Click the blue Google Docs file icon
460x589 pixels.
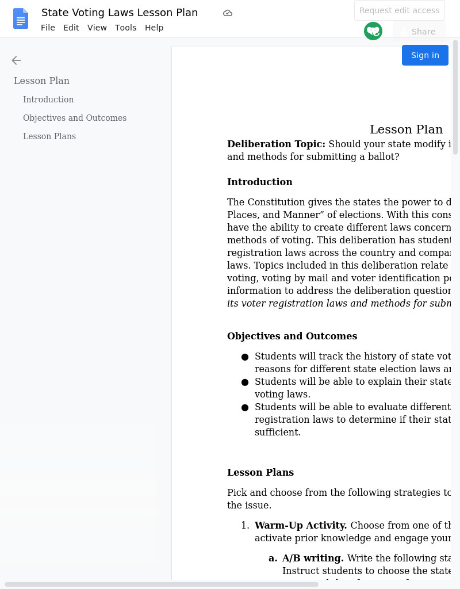(x=21, y=19)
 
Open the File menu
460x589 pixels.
(x=48, y=28)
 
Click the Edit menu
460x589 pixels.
(x=71, y=28)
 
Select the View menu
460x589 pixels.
(x=97, y=28)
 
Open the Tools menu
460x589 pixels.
(x=125, y=28)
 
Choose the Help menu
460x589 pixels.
(x=154, y=28)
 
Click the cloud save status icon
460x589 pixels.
(x=228, y=13)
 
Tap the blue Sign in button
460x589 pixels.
(x=425, y=55)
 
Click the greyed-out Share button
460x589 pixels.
(x=419, y=32)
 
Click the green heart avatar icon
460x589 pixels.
(x=373, y=31)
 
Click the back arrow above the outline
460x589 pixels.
(x=16, y=60)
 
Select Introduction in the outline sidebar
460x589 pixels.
(x=48, y=100)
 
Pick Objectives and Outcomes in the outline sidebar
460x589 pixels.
(x=75, y=118)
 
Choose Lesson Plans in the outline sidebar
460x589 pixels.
(x=49, y=136)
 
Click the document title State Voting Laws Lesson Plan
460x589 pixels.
(x=120, y=13)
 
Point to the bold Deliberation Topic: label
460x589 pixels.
(x=276, y=144)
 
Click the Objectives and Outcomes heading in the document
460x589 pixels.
(x=292, y=336)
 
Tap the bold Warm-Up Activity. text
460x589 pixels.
(x=300, y=525)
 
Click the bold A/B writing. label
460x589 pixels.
(x=313, y=558)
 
